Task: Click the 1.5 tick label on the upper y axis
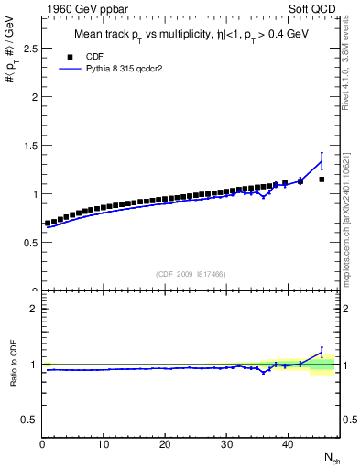31,145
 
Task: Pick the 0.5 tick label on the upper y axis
31,243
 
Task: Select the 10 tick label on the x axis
104,444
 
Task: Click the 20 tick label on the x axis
165,444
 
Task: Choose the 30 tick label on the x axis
226,444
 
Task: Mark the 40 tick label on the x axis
288,444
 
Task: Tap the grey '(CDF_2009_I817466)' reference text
191,273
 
